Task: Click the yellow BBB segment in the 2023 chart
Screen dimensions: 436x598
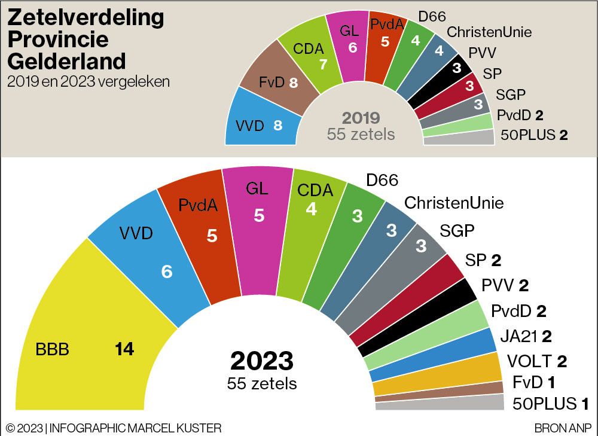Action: (78, 335)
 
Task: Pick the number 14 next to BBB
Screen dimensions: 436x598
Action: (124, 349)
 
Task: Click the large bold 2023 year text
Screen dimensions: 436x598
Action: (262, 361)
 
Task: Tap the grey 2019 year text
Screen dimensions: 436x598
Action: (361, 118)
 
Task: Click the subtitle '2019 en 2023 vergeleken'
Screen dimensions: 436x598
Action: (88, 81)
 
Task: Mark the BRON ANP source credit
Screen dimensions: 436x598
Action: (563, 428)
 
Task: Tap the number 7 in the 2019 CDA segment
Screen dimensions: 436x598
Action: (323, 65)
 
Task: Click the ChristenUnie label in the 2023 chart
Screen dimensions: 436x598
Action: (454, 203)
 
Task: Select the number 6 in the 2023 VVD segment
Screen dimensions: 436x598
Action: (167, 272)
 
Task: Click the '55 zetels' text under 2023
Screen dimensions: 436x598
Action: (262, 383)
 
